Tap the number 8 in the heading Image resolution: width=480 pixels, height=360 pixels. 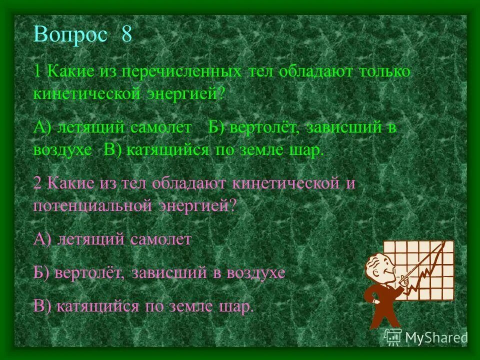point(126,35)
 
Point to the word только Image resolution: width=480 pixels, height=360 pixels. point(383,71)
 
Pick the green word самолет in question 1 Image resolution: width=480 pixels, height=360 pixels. point(161,127)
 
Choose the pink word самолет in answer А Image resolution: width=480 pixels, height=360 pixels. point(161,239)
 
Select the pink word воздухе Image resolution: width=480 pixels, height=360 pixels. point(256,272)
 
